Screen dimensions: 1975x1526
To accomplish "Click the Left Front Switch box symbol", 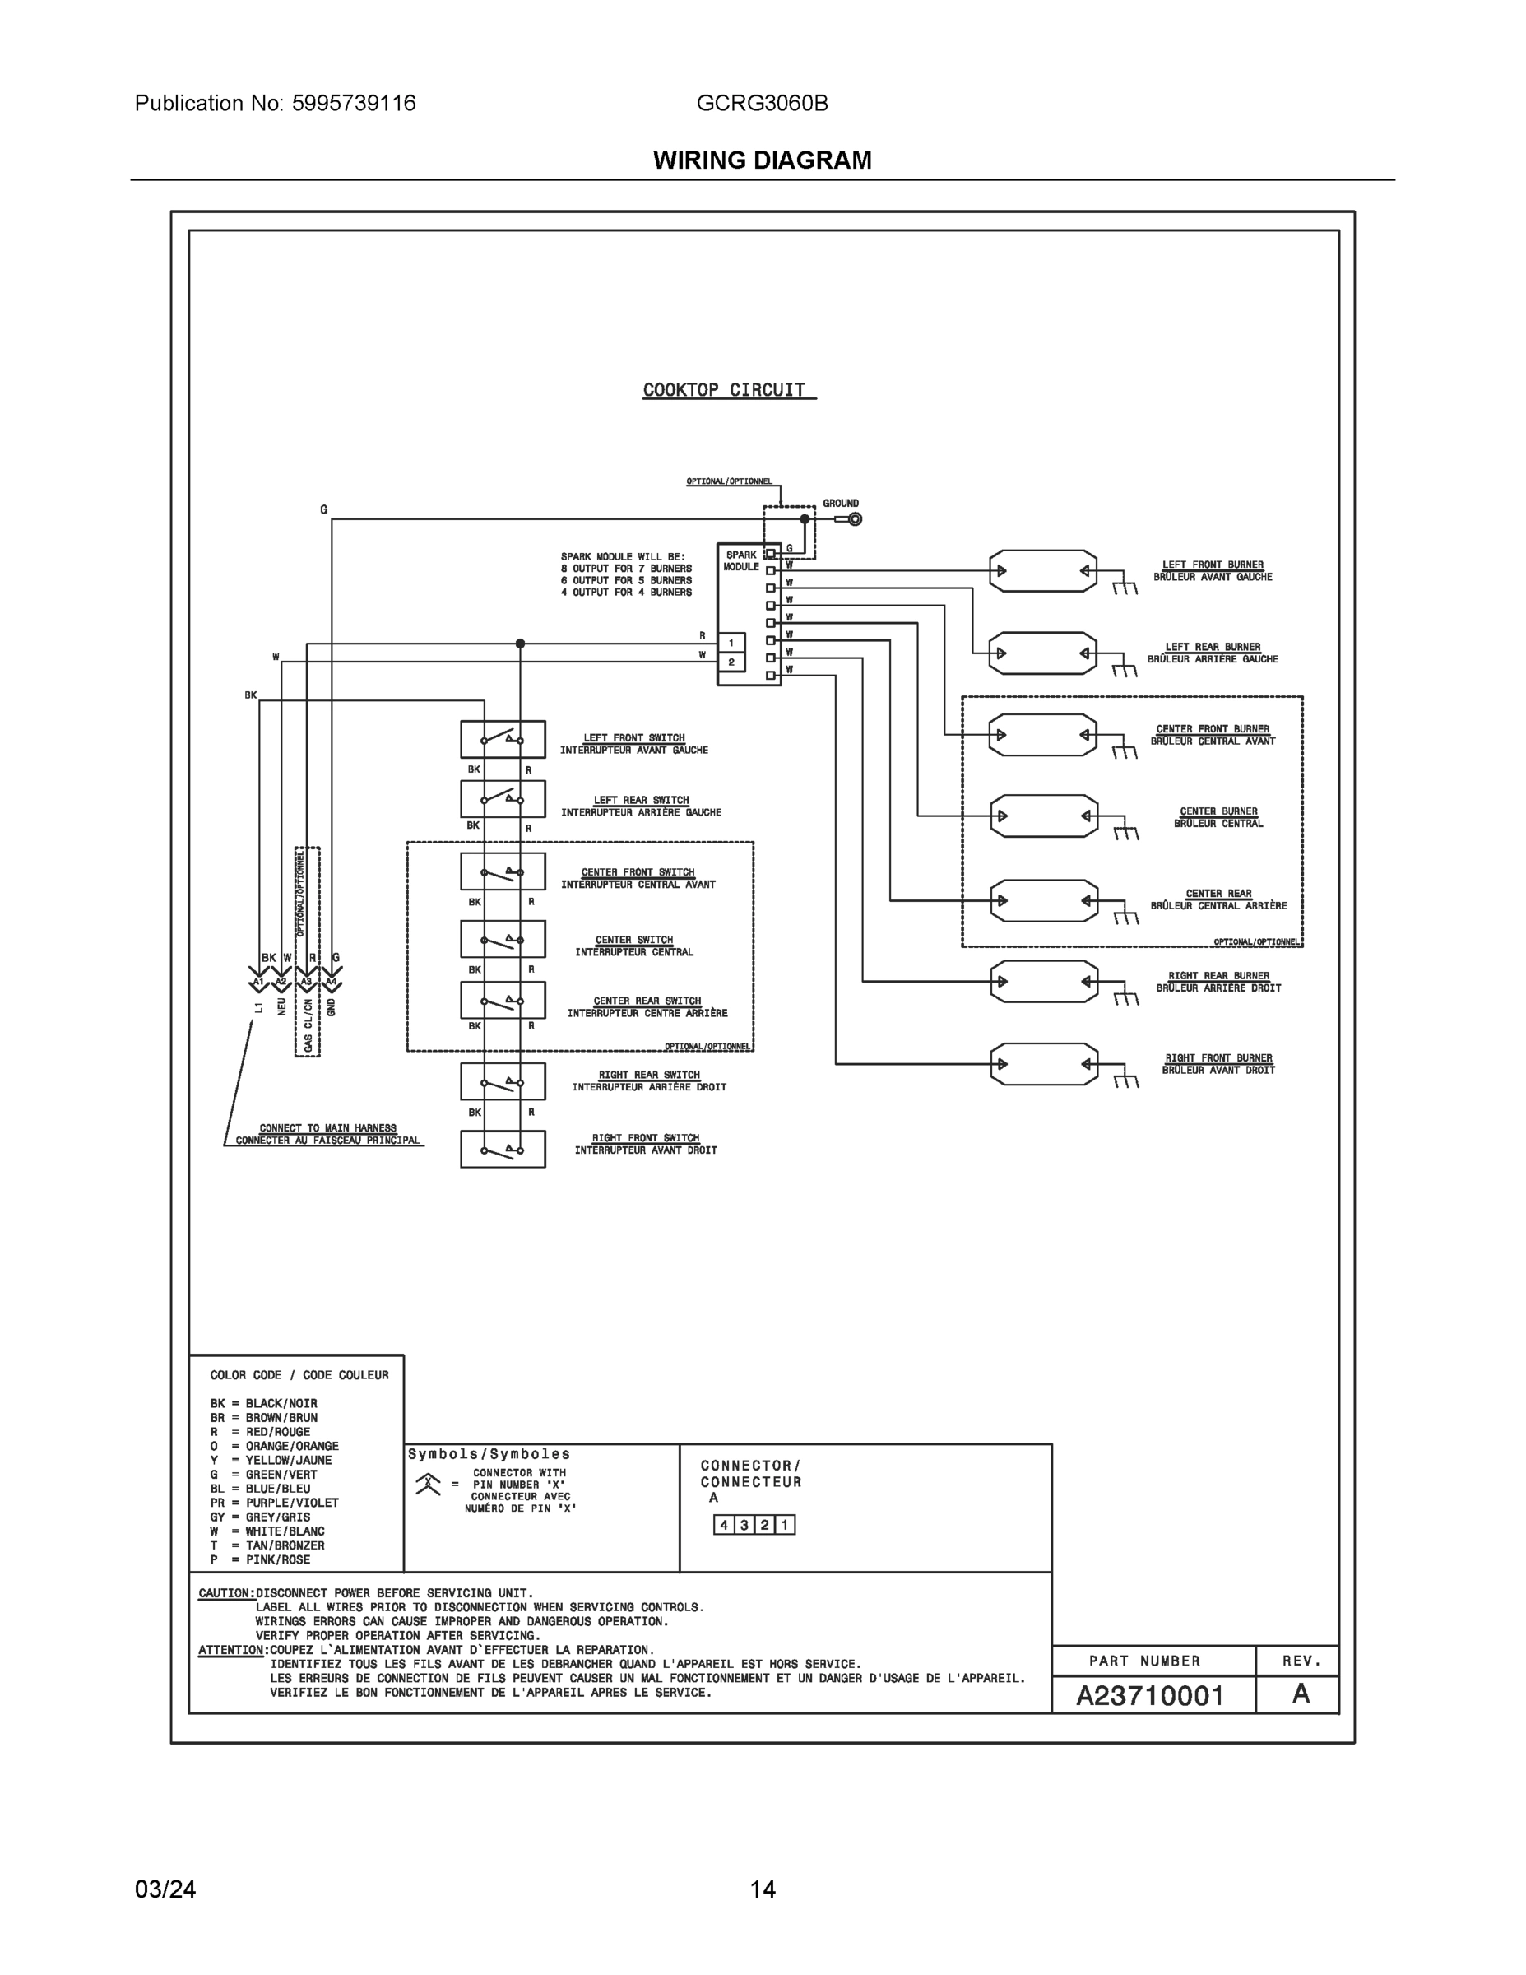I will (x=503, y=739).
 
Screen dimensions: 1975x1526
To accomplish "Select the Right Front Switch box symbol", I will (x=503, y=1149).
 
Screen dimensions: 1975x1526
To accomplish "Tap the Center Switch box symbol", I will (x=503, y=939).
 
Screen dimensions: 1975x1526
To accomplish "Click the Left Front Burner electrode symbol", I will (x=1042, y=570).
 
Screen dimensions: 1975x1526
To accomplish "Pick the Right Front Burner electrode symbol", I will (x=1044, y=1063).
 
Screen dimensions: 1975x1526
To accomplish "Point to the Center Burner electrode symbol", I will (x=1044, y=816).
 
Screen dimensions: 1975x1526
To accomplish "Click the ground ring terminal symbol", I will (x=854, y=519).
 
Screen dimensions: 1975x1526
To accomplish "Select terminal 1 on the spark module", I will (x=731, y=643).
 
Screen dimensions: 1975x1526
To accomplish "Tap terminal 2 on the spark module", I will (x=731, y=662).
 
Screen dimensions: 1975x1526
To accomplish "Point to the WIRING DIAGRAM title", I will (x=762, y=160).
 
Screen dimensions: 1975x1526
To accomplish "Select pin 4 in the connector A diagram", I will (x=724, y=1525).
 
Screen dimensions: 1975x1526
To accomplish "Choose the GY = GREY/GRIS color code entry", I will (x=260, y=1517).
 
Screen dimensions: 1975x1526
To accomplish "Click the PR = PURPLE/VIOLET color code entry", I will (x=275, y=1502).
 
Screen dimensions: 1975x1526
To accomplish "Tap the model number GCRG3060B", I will (x=762, y=103).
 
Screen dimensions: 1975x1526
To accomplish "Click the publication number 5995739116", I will (x=354, y=103).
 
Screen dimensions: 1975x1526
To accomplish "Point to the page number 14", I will (x=762, y=1889).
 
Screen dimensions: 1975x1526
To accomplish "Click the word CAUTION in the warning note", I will (x=225, y=1592).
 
